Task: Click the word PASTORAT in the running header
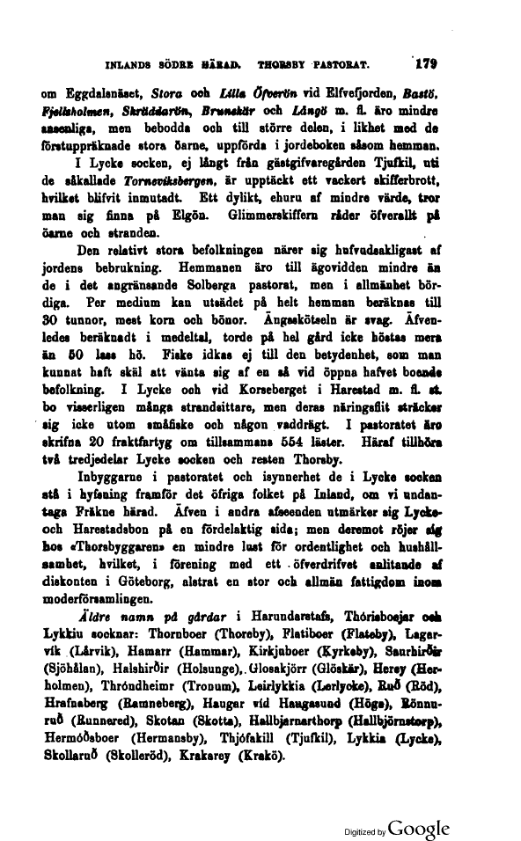coord(334,64)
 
